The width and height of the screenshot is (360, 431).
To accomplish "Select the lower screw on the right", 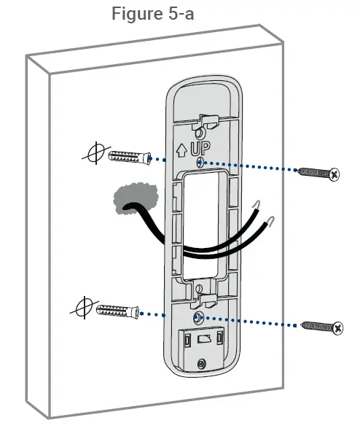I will coord(321,327).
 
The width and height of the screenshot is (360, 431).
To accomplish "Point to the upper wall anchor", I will coord(128,157).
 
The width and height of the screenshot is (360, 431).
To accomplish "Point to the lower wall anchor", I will coord(117,310).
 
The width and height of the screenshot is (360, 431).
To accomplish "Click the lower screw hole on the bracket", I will coord(198,318).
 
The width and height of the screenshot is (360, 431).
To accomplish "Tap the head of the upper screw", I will coord(334,174).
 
